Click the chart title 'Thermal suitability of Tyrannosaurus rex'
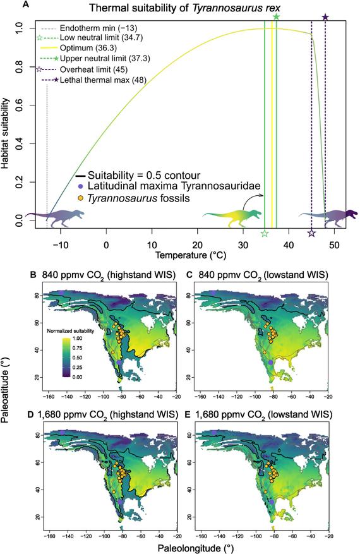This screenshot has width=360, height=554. tap(179, 8)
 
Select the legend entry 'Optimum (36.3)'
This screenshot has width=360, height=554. tap(88, 48)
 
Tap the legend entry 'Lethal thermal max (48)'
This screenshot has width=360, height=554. tap(103, 80)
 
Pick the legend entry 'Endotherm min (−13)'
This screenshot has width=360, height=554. tap(99, 28)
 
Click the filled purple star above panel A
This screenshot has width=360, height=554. tap(325, 17)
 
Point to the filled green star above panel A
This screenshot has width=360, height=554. tap(276, 16)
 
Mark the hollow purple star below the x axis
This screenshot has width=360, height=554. tap(311, 233)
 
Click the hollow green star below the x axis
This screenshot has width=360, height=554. tap(265, 233)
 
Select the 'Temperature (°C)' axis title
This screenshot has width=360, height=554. tap(191, 255)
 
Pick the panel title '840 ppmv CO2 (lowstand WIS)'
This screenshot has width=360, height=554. tap(260, 275)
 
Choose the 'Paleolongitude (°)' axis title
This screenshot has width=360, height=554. tap(196, 548)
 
